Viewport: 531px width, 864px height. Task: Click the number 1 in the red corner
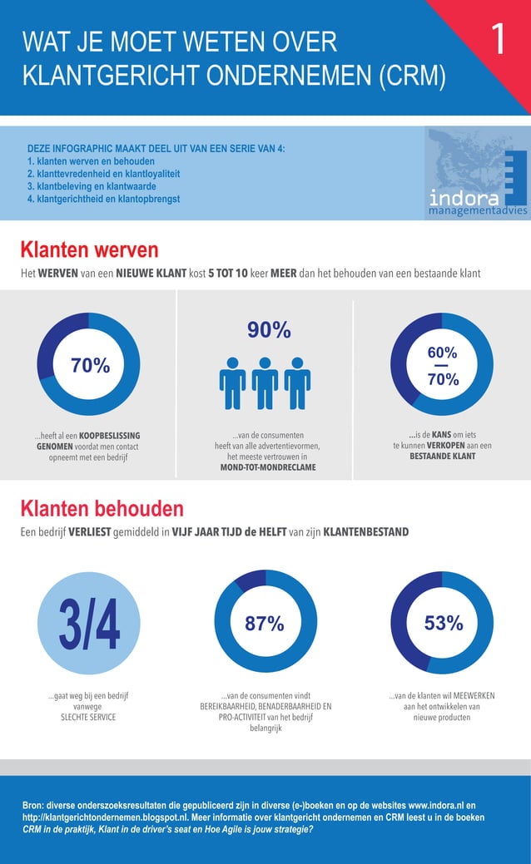pos(497,39)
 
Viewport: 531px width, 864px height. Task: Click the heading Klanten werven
pos(89,249)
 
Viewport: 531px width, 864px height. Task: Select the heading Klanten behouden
pos(102,508)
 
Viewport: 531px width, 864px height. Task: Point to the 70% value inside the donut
pos(90,365)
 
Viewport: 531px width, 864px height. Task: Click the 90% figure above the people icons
pos(269,330)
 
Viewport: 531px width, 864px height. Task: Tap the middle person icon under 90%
pos(265,383)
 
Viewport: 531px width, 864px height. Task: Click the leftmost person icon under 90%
pos(232,383)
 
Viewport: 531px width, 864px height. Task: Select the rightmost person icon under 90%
pos(297,383)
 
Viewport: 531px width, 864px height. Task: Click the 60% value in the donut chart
pos(442,353)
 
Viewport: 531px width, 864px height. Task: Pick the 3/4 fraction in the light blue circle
pos(89,624)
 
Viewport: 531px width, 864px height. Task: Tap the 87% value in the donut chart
pos(265,624)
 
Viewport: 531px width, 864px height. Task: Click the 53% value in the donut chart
pos(443,624)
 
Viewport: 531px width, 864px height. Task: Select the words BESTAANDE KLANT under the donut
pos(442,457)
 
